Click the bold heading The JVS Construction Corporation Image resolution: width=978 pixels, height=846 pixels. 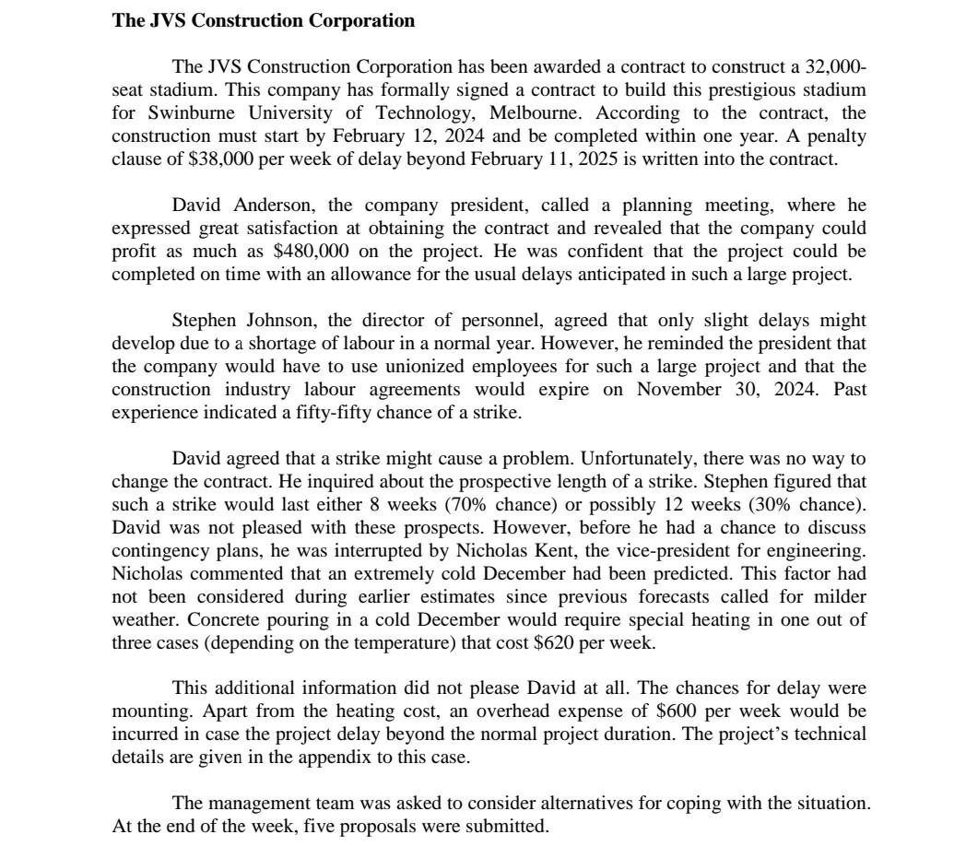(x=263, y=20)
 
